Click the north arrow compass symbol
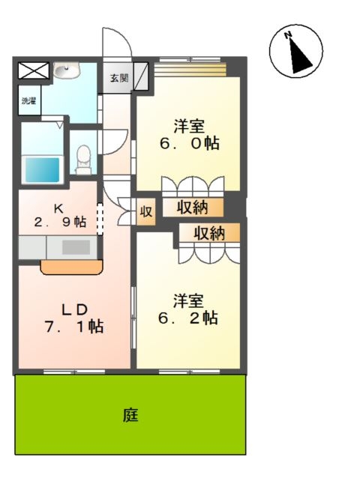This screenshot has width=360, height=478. (x=296, y=51)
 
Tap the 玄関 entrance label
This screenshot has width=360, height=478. (x=119, y=77)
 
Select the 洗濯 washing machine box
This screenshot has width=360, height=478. (x=28, y=100)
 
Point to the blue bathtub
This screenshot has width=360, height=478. (x=43, y=169)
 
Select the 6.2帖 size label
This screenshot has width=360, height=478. (x=187, y=318)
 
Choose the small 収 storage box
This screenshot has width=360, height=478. (x=145, y=212)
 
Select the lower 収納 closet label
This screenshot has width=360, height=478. (x=209, y=233)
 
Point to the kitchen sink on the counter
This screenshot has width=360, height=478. (x=71, y=246)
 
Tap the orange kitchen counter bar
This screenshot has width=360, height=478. (x=71, y=267)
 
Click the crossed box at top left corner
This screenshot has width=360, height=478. (x=32, y=71)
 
